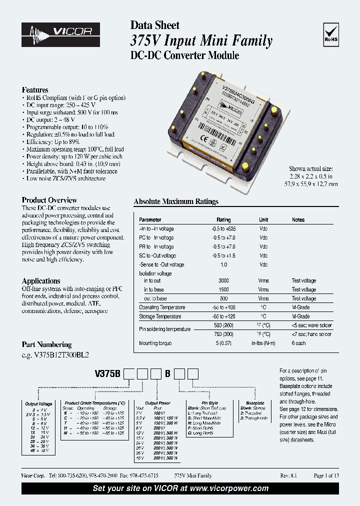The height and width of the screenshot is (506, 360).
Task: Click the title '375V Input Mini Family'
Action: coord(201,41)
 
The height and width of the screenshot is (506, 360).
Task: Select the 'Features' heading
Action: coord(35,89)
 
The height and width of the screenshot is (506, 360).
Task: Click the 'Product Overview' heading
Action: coord(49,200)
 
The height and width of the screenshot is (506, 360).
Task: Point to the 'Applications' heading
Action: coord(41,281)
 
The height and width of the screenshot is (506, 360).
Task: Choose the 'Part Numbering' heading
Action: coord(46,344)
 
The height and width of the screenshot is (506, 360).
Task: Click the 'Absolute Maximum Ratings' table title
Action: coord(176,201)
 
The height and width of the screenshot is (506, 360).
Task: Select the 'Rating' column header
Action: coord(223,219)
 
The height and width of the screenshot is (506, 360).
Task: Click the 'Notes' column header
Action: coord(298,219)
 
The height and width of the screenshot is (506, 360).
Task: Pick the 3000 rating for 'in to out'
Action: coord(223,281)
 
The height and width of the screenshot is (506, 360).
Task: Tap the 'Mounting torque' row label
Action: coord(155,343)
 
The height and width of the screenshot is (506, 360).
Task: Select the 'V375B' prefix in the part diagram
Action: coord(108,373)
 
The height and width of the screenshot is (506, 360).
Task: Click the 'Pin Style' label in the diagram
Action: coord(209,403)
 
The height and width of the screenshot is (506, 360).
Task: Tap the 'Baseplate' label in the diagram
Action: coord(255,403)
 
